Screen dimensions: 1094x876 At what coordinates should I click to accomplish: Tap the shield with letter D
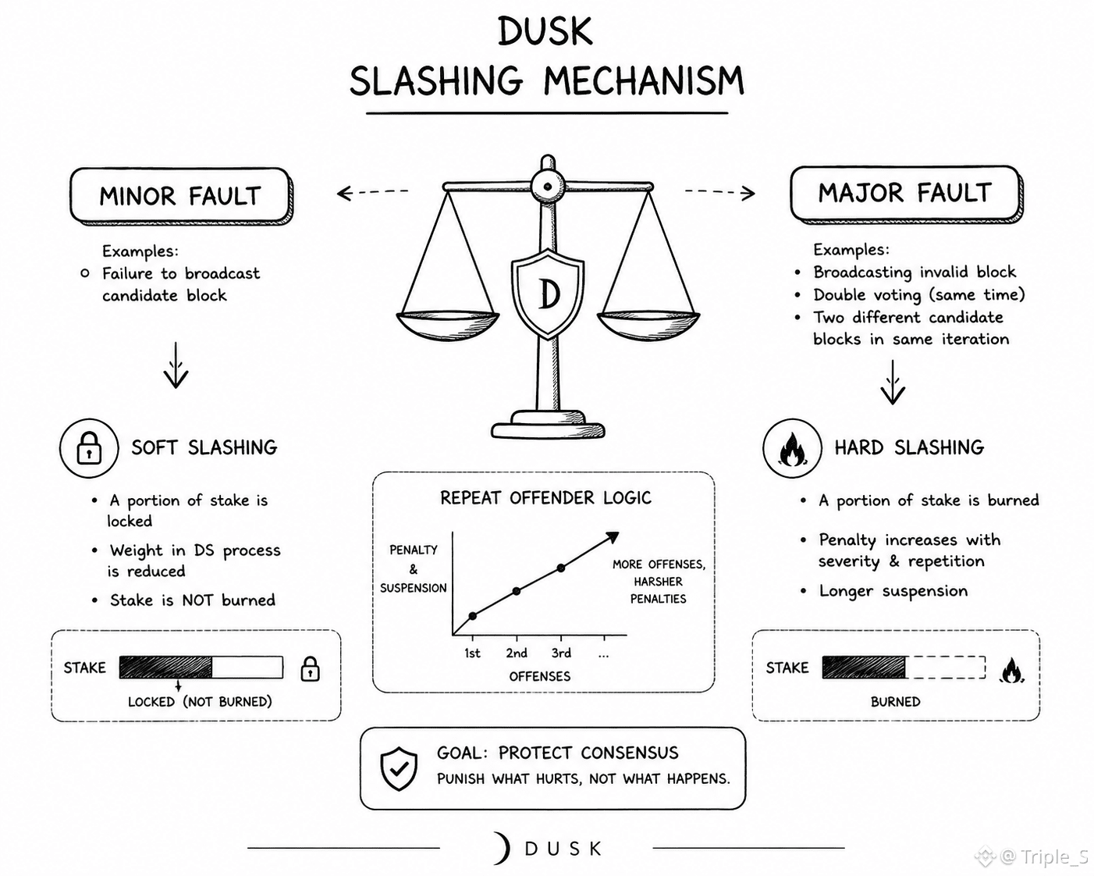[x=548, y=294]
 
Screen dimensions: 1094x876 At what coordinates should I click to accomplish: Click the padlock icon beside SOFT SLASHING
[x=89, y=447]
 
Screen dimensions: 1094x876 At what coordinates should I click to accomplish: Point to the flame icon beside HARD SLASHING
[x=791, y=449]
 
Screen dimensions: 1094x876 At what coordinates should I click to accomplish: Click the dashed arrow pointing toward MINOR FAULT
[x=373, y=192]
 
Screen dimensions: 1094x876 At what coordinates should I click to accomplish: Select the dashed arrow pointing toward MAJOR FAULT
[x=720, y=192]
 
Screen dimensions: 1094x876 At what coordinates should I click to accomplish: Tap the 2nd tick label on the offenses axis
[x=516, y=653]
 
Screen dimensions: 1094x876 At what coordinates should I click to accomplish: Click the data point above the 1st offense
[x=472, y=616]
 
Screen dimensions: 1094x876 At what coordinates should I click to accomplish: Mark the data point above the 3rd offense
[x=561, y=568]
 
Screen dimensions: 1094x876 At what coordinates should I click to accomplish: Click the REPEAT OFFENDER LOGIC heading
[x=545, y=498]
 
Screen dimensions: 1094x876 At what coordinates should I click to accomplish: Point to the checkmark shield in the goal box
[x=399, y=769]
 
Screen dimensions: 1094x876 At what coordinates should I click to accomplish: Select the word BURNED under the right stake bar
[x=895, y=702]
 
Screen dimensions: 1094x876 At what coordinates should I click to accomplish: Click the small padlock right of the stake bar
[x=310, y=668]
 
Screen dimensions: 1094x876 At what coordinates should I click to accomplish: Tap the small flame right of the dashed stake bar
[x=1011, y=671]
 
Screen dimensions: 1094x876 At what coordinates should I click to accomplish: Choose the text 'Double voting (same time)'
[x=919, y=295]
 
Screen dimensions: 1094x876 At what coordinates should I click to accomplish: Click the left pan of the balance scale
[x=447, y=326]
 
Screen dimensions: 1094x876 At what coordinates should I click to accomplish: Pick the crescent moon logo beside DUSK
[x=503, y=848]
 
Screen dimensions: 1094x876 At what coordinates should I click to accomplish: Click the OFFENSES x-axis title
[x=539, y=677]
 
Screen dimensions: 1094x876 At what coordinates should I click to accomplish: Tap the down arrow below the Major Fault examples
[x=893, y=382]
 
